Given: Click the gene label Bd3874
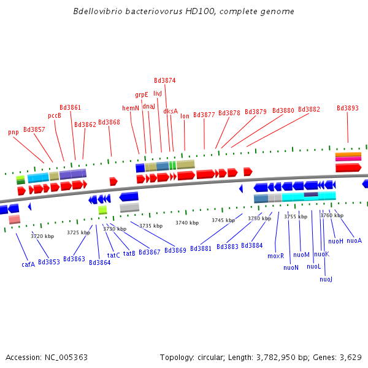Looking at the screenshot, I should (x=164, y=80).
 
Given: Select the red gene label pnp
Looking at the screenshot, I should (x=13, y=132).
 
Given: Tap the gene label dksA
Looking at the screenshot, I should (x=171, y=111).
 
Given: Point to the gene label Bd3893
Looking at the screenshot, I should (x=348, y=108).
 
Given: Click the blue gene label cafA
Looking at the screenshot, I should (x=28, y=264).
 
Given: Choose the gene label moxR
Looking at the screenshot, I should (x=275, y=256).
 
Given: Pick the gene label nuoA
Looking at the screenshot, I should (x=354, y=240).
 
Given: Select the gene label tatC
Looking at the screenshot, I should (x=113, y=255).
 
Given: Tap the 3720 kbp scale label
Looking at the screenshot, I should (x=42, y=236).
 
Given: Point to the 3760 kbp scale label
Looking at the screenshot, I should (x=332, y=215).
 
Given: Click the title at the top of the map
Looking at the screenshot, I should (x=183, y=12).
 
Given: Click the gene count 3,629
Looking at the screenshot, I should (x=350, y=357).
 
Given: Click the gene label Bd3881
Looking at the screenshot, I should (x=201, y=248).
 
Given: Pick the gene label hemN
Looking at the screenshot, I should (x=131, y=108).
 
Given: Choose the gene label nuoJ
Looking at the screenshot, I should (x=326, y=279).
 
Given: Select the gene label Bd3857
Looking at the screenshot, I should (x=34, y=129).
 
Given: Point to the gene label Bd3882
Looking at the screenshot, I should (x=309, y=109).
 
